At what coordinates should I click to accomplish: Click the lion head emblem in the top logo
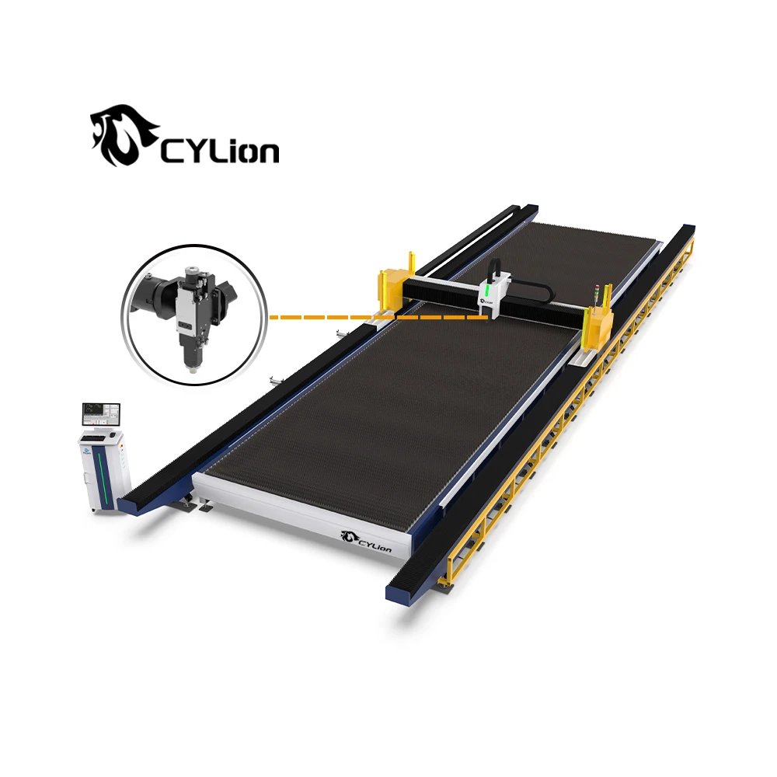click(124, 134)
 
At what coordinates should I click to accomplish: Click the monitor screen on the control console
click(101, 415)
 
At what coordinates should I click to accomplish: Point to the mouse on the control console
click(113, 434)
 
